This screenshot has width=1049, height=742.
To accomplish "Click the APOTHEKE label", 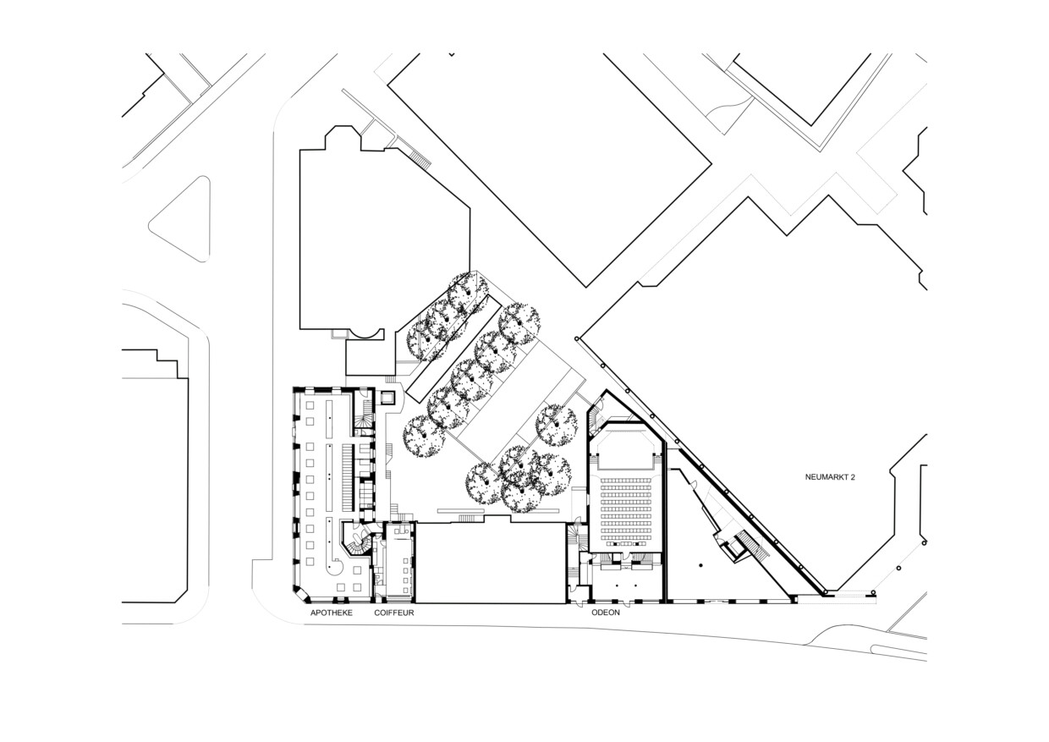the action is [331, 613].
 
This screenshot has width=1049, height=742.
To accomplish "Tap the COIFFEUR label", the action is [394, 613].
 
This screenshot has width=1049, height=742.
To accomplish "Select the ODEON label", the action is [606, 613].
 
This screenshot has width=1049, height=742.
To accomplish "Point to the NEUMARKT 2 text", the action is [830, 477].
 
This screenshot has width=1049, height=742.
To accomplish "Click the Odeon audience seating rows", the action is [624, 508].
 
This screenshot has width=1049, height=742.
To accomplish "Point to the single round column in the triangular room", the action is [700, 566].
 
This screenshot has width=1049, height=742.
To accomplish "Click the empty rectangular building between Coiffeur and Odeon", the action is [491, 563].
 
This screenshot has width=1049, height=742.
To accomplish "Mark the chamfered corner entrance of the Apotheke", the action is [301, 594].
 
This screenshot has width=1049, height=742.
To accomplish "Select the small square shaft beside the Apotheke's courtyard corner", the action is [387, 398].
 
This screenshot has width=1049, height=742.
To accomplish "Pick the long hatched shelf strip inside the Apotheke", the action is [347, 478].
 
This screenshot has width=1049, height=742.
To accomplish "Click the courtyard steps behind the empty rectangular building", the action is [466, 518].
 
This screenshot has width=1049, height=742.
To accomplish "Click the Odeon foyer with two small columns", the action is [627, 585].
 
